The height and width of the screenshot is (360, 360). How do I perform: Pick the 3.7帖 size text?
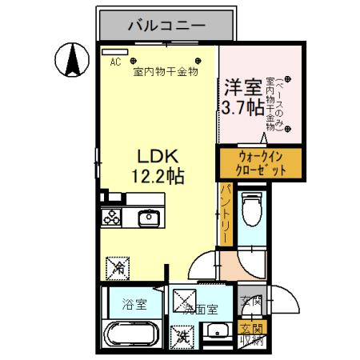point(243,107)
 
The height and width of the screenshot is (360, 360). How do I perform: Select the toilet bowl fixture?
point(252,212)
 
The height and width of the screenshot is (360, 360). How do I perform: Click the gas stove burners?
point(110,217)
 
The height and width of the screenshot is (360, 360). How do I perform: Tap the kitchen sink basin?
point(149,218)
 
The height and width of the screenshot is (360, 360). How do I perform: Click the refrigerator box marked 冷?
point(118,266)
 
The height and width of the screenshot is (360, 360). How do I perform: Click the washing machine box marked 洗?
point(184,338)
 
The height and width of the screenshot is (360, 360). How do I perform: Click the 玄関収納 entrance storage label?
point(251,334)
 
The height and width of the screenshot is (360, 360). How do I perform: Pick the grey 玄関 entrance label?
point(250,303)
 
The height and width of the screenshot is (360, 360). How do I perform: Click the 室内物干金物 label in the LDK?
point(166,72)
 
